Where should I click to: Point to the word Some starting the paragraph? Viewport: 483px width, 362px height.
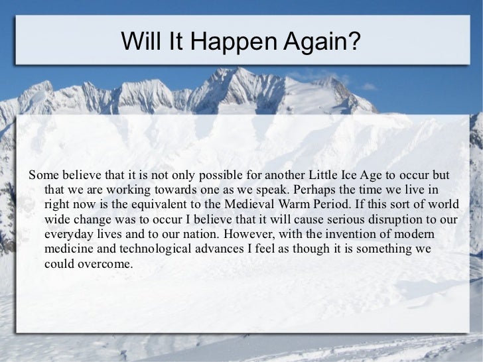tap(41, 176)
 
